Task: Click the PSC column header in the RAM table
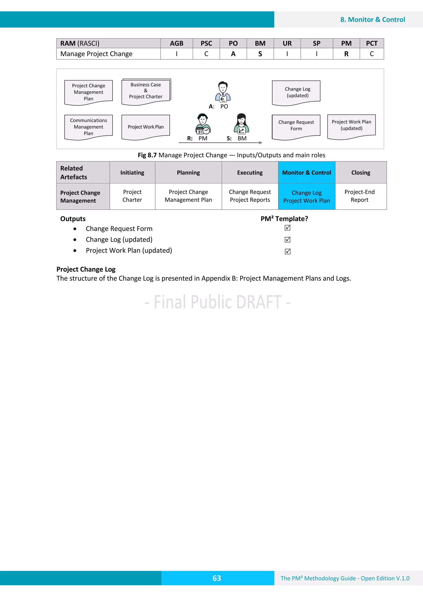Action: click(206, 43)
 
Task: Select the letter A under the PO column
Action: click(233, 54)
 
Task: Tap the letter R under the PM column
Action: click(346, 54)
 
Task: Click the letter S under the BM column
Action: click(260, 54)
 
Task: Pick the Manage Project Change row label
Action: click(96, 54)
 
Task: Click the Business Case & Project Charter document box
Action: click(146, 91)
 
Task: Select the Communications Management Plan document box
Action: click(88, 127)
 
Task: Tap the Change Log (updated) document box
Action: click(296, 92)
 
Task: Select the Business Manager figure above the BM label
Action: click(241, 124)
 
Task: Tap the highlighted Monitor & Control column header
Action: click(307, 172)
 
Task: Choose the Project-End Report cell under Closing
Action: click(359, 196)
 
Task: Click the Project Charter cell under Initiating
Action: click(132, 196)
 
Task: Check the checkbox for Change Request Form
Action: click(288, 228)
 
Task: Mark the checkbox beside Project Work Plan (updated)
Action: click(288, 251)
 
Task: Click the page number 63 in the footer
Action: click(217, 578)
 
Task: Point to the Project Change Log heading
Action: click(86, 269)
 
